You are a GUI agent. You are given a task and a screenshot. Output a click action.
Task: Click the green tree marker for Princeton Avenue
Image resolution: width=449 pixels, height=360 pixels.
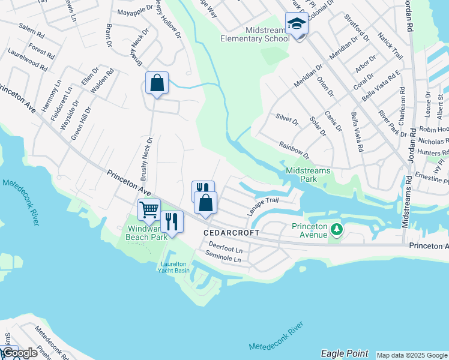(337, 229)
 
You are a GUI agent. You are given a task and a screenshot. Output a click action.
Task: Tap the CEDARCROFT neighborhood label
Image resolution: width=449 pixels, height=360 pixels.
(231, 232)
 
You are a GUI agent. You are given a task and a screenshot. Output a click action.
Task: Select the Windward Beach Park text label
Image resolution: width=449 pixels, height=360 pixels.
(147, 233)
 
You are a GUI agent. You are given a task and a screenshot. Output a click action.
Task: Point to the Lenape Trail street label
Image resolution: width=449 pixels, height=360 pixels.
(263, 207)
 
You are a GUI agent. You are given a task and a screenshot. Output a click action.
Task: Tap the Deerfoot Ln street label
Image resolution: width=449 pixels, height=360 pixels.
(225, 247)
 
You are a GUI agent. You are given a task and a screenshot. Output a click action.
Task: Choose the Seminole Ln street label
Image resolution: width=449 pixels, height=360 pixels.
(223, 259)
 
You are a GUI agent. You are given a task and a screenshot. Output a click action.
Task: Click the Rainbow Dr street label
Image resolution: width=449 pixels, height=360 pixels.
(294, 150)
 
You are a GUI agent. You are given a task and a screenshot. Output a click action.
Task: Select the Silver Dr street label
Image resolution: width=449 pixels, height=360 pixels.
(287, 121)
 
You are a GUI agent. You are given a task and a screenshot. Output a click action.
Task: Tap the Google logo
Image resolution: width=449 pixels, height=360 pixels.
(19, 353)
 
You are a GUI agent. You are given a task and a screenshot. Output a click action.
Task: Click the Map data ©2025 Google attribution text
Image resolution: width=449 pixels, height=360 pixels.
(411, 355)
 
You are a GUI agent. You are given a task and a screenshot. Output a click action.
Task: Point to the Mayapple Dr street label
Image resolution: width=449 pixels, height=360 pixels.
(133, 12)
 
